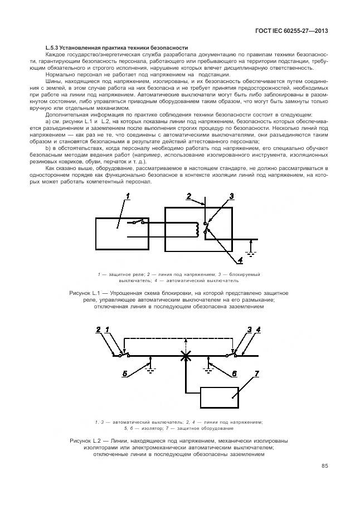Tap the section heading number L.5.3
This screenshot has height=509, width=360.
click(x=53, y=47)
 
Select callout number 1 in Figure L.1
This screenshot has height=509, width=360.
click(x=128, y=196)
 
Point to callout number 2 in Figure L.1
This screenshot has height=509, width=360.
click(x=189, y=197)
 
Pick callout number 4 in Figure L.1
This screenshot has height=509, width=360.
click(x=240, y=260)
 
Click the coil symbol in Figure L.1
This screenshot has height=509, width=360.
click(x=196, y=229)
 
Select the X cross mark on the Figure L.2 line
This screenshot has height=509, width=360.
click(x=183, y=355)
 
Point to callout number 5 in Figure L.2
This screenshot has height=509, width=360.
click(x=125, y=372)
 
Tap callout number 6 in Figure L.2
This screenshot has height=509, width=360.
click(x=234, y=372)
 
